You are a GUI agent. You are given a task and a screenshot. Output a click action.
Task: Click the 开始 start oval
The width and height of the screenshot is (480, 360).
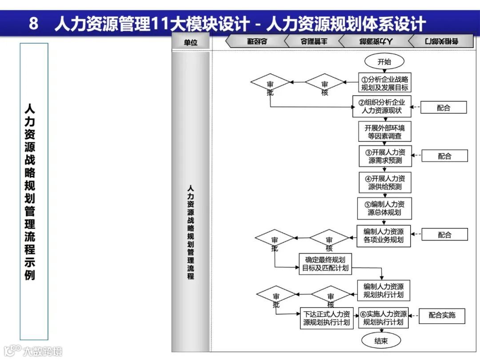(x=384, y=62)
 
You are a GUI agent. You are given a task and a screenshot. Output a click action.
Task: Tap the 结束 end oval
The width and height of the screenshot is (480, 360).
(x=380, y=341)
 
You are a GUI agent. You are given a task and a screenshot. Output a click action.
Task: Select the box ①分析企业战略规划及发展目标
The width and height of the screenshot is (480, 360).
(x=384, y=83)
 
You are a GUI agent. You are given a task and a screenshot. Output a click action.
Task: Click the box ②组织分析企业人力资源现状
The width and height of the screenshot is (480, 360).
(x=382, y=106)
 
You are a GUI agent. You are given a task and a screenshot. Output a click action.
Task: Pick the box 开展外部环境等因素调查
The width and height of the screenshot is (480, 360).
(x=384, y=132)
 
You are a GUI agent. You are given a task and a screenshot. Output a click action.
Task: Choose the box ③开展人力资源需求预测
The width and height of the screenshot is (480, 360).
(x=385, y=156)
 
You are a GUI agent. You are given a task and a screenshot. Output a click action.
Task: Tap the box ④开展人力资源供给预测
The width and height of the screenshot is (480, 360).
(x=385, y=182)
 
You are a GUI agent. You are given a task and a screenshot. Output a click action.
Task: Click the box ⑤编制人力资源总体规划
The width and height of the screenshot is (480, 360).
(x=384, y=208)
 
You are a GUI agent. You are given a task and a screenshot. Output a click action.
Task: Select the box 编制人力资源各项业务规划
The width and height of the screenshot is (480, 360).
(x=384, y=236)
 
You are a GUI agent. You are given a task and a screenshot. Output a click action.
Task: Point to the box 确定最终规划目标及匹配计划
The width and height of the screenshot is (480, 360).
(x=326, y=264)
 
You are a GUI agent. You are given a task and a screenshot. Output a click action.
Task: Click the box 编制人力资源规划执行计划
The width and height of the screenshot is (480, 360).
(x=384, y=290)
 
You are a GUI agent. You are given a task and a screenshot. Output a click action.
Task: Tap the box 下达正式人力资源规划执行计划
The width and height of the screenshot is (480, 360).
(x=326, y=318)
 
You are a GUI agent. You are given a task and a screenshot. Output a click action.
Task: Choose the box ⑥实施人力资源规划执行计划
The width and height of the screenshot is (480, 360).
(x=383, y=318)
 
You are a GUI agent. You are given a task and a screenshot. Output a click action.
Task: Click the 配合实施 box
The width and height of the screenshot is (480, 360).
(x=442, y=316)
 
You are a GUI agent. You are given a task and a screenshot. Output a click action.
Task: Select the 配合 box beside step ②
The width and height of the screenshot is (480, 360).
(x=444, y=108)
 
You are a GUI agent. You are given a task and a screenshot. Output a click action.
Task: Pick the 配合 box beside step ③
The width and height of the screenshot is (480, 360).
(x=444, y=156)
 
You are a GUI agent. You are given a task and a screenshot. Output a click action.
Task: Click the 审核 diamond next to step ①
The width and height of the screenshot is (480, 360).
(x=325, y=83)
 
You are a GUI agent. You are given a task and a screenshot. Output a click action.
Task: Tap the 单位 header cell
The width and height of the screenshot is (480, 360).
(x=190, y=42)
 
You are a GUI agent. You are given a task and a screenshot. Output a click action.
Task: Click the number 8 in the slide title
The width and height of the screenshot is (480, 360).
(x=34, y=24)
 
